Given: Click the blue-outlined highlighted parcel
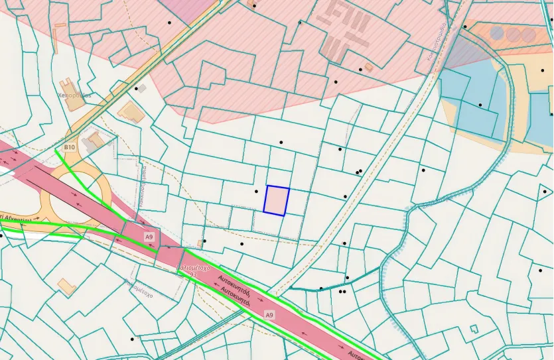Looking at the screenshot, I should tap(277, 200).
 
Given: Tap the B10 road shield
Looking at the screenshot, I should tap(69, 147).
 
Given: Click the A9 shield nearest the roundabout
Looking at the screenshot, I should tap(149, 237).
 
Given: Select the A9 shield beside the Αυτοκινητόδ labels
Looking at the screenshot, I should tap(269, 314).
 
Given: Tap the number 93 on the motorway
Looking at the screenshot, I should tap(193, 274).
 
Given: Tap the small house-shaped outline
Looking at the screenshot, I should tap(474, 329).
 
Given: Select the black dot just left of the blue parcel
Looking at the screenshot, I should tap(257, 191).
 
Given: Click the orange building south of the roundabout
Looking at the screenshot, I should tap(66, 287).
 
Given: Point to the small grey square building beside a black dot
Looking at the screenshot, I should tap(141, 88).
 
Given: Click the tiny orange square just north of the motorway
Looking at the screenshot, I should tap(200, 243).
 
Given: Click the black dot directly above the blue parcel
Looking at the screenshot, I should tap(281, 142).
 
